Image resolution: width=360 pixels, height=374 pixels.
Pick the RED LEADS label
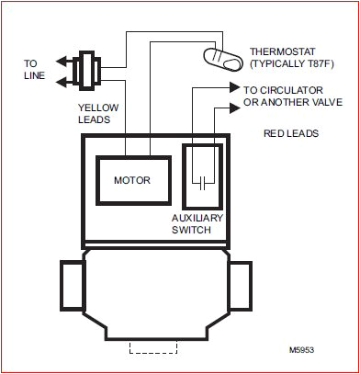click(x=293, y=133)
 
